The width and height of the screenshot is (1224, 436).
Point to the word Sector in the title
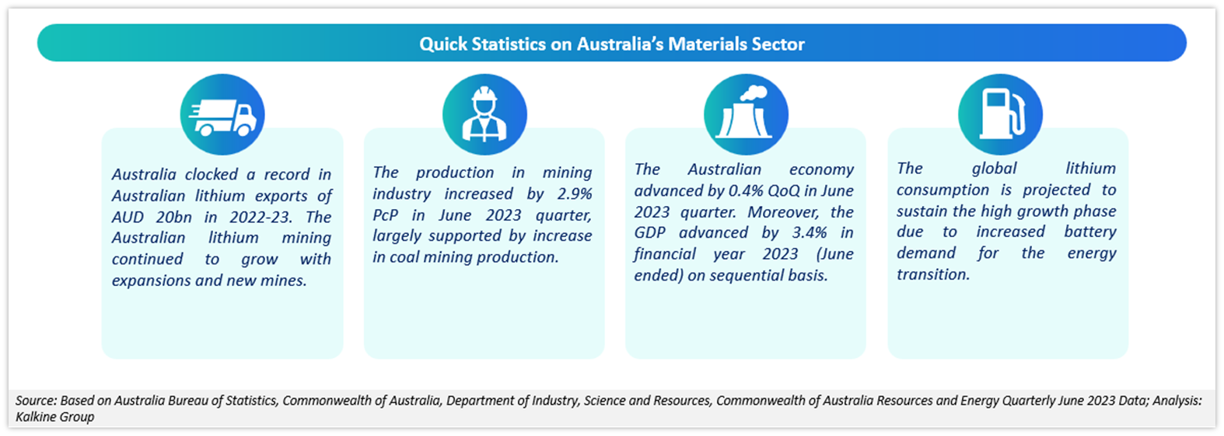point(778,44)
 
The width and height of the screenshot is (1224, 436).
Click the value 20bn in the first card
point(173,217)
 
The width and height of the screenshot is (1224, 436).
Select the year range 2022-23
point(260,217)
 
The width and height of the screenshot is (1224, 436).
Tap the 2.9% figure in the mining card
point(575,194)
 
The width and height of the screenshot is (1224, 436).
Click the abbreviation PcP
point(385,215)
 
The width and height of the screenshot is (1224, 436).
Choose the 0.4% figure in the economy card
point(746,190)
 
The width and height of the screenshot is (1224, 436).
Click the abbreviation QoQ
point(785,190)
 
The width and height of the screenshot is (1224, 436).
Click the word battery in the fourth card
point(1090,232)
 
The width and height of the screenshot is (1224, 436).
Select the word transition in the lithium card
point(933,274)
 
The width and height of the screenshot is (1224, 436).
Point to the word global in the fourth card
point(994,169)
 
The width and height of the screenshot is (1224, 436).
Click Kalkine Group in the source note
point(54,417)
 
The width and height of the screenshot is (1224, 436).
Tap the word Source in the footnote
point(36,400)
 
